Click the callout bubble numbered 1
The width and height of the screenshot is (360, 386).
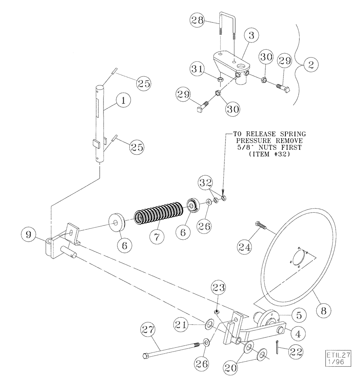pos(123,101)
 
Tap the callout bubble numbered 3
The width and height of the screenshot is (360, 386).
pos(251,37)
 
